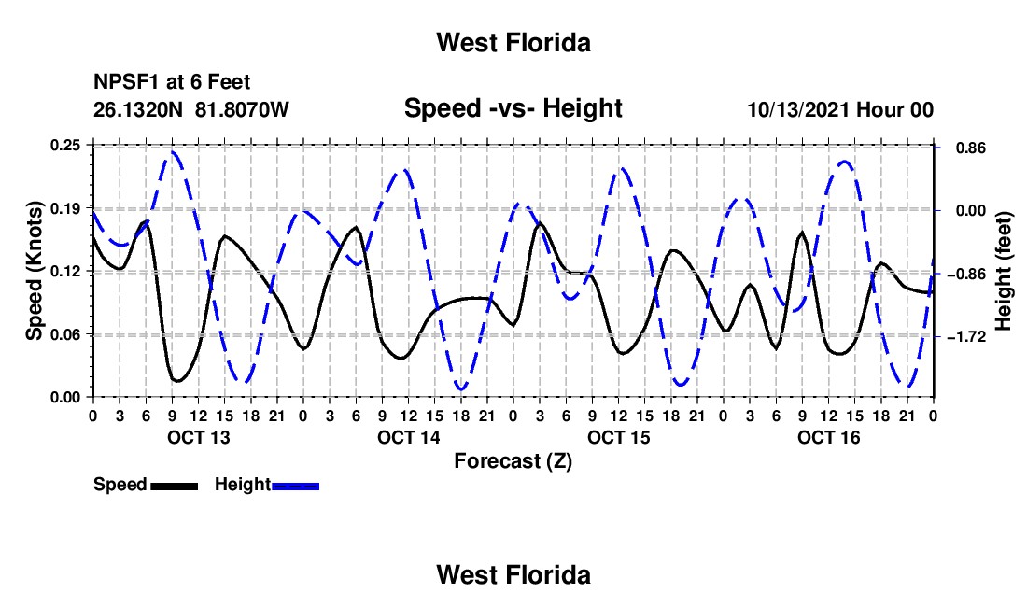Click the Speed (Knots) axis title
(x=34, y=271)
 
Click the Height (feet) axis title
(x=1004, y=271)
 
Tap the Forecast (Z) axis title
(x=513, y=461)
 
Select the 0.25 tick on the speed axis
(x=65, y=146)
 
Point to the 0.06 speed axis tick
(x=65, y=334)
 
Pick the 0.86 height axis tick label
(x=971, y=148)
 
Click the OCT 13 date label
(x=199, y=437)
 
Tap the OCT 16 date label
(x=828, y=437)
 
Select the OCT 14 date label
(x=409, y=437)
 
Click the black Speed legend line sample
(x=175, y=486)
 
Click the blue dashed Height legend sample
(x=295, y=486)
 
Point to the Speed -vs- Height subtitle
(x=513, y=108)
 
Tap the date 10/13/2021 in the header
(x=797, y=109)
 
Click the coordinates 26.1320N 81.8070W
(x=190, y=109)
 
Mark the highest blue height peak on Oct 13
(x=173, y=152)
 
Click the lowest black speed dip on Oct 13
(x=176, y=380)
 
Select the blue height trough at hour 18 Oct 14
(x=462, y=389)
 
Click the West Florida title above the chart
(x=513, y=43)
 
